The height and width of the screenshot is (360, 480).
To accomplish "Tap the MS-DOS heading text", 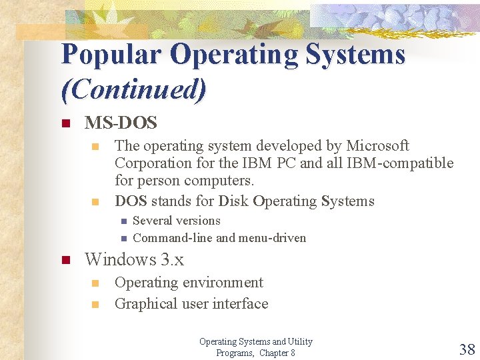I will [121, 123].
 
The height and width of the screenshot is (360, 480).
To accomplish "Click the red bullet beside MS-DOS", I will [65, 123].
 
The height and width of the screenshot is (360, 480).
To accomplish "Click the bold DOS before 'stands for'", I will [131, 201].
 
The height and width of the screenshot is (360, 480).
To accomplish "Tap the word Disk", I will [233, 201].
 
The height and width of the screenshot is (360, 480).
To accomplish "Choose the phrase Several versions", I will [177, 221].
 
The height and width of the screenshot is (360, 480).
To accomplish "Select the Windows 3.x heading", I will [134, 259].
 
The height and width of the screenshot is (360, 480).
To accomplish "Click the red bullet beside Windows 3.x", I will [65, 260].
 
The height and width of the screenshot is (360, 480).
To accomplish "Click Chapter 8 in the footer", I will [277, 353].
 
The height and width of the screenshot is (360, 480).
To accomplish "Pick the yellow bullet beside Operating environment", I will [95, 283].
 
